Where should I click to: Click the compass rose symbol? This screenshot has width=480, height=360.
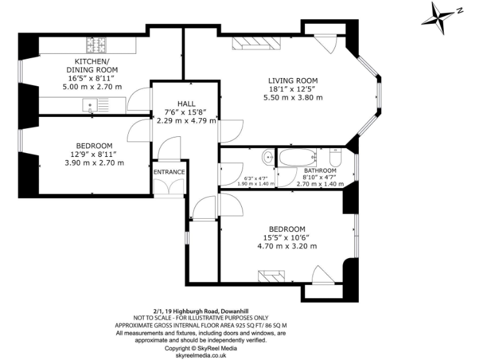click(x=441, y=15)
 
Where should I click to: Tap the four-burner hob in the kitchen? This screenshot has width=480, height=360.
click(x=97, y=45)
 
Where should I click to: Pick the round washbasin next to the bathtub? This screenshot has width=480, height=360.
click(x=267, y=156)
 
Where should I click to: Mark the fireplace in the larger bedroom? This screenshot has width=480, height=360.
click(x=272, y=275)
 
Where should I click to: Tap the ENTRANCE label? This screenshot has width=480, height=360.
click(x=169, y=172)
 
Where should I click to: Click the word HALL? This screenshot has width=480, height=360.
click(x=186, y=104)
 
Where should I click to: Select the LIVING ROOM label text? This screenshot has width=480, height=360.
click(x=293, y=81)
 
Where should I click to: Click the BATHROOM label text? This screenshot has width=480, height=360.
click(x=321, y=171)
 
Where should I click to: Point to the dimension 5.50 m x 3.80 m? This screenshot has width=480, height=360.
click(x=293, y=97)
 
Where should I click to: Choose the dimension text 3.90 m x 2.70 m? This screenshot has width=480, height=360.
click(x=94, y=162)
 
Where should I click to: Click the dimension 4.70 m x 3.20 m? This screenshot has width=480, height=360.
click(x=287, y=246)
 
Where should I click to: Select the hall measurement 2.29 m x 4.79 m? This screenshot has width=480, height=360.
click(x=186, y=121)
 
